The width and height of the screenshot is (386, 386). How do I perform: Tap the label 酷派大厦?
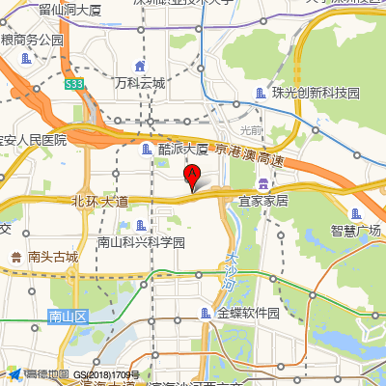pos(183,150)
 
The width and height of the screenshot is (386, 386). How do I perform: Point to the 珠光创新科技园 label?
pos(315,94)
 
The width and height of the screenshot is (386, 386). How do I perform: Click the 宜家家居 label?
pos(263,201)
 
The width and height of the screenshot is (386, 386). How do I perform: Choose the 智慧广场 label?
pos(356,231)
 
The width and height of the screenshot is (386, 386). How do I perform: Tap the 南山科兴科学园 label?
pos(141,242)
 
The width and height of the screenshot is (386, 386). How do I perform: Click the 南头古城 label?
pos(53,257)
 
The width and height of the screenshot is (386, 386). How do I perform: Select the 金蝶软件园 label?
pos(248,314)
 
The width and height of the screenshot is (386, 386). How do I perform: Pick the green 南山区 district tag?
pos(69,316)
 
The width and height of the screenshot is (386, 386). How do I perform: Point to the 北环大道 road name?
pos(99,202)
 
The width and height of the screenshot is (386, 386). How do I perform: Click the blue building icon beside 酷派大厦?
pos(147,150)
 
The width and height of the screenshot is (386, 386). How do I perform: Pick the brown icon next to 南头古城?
pos(16,257)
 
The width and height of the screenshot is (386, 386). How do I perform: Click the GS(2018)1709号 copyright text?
pos(105,374)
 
